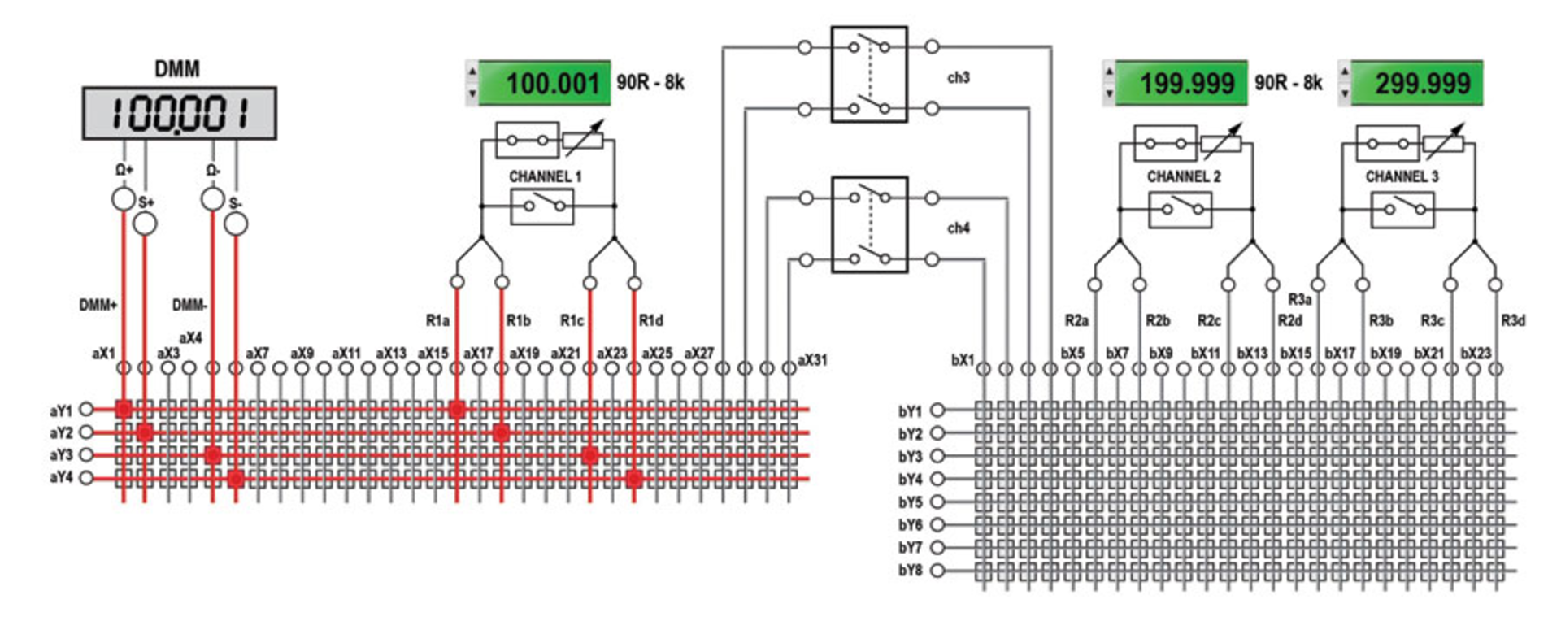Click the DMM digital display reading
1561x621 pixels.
tap(179, 113)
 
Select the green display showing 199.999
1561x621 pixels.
tap(1181, 83)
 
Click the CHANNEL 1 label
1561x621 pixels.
tap(545, 176)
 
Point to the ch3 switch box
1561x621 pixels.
tap(868, 74)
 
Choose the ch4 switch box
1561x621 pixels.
tap(868, 225)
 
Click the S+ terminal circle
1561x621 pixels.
tap(145, 224)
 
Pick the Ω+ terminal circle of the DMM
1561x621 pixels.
tap(123, 198)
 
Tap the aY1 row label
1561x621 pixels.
tap(61, 410)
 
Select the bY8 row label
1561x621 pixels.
tap(910, 571)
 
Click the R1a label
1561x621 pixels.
tap(437, 321)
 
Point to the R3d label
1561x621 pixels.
tap(1512, 321)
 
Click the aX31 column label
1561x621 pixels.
tap(811, 360)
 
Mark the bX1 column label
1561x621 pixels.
tap(962, 360)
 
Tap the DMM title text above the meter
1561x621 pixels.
tap(177, 69)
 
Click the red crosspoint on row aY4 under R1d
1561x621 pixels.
tap(634, 479)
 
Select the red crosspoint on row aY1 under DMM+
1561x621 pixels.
tap(124, 410)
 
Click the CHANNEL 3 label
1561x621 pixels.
tap(1402, 176)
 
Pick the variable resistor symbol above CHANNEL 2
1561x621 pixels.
tap(1222, 143)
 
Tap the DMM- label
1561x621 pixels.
tap(189, 305)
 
